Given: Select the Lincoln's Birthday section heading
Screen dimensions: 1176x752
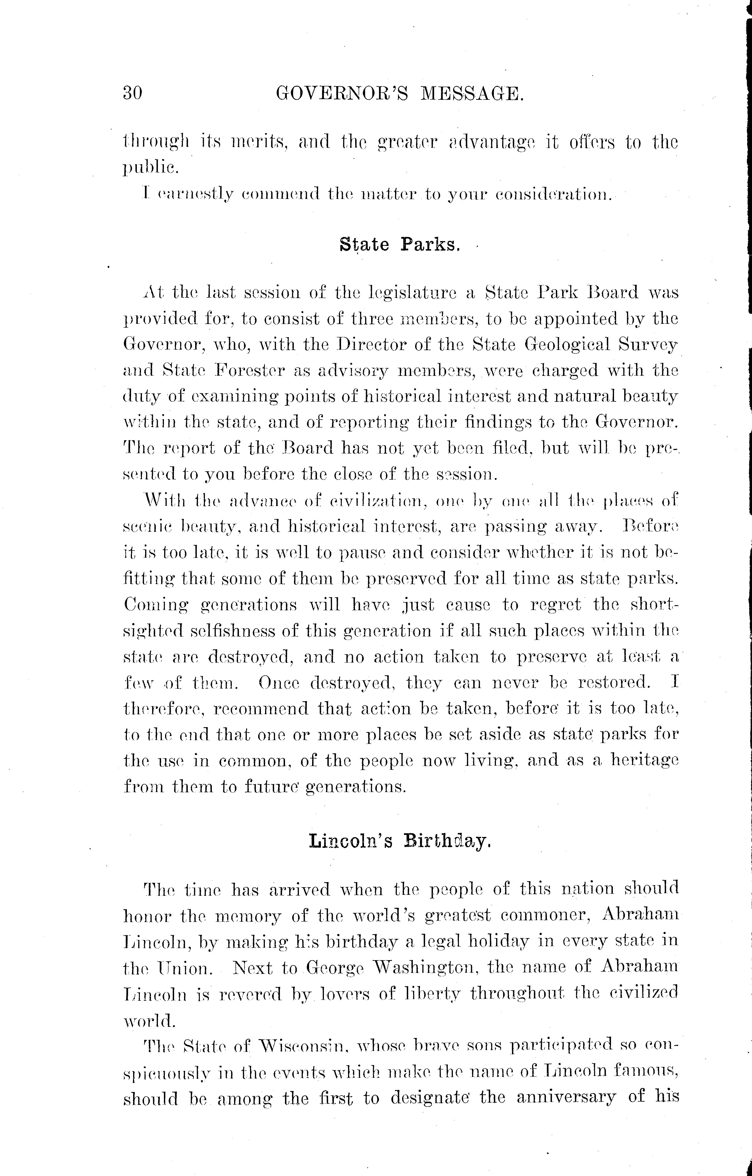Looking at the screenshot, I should click(x=399, y=841).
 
